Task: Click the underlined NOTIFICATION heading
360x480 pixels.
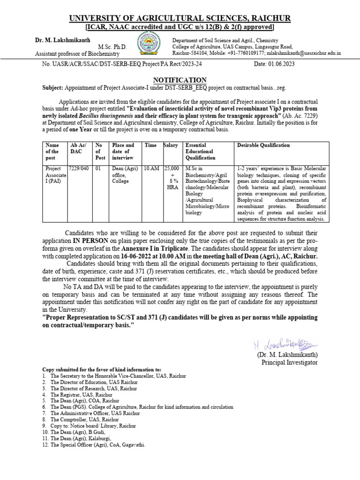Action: pos(180,80)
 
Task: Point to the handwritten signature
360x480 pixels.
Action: pos(277,345)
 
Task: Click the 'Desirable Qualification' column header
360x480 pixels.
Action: pos(263,145)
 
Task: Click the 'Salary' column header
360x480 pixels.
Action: pos(171,145)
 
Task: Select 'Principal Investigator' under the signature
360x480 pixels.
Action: pos(289,362)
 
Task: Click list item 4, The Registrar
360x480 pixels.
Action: pos(72,395)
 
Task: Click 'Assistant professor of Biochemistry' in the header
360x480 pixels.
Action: pos(74,53)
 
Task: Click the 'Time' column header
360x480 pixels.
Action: pos(151,145)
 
